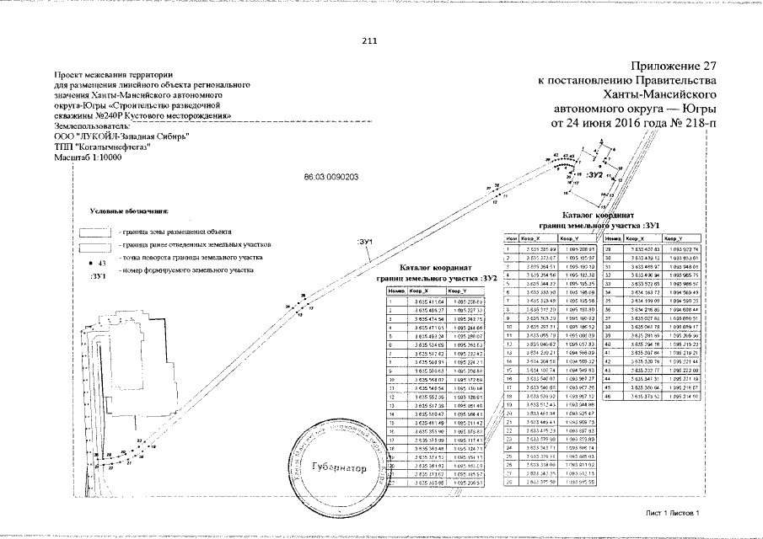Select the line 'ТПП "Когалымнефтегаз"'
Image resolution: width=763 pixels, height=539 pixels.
[106, 146]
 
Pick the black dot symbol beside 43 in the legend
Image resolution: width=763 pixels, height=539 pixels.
[90, 263]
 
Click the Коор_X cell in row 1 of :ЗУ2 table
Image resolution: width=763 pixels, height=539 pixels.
[418, 302]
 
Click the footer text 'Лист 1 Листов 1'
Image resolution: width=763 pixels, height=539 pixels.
[673, 512]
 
